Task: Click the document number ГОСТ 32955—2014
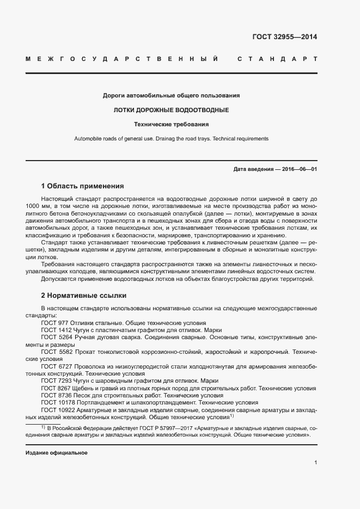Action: tap(284, 38)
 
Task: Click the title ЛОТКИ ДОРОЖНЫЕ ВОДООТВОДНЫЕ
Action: tap(171, 110)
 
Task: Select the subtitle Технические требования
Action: tap(171, 124)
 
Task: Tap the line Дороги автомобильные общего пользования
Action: tap(171, 96)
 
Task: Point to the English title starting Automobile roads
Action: tap(171, 139)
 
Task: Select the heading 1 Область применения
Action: tap(82, 186)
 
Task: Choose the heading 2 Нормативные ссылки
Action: tap(83, 296)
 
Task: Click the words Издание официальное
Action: tap(57, 453)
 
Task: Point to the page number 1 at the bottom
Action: tap(315, 463)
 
